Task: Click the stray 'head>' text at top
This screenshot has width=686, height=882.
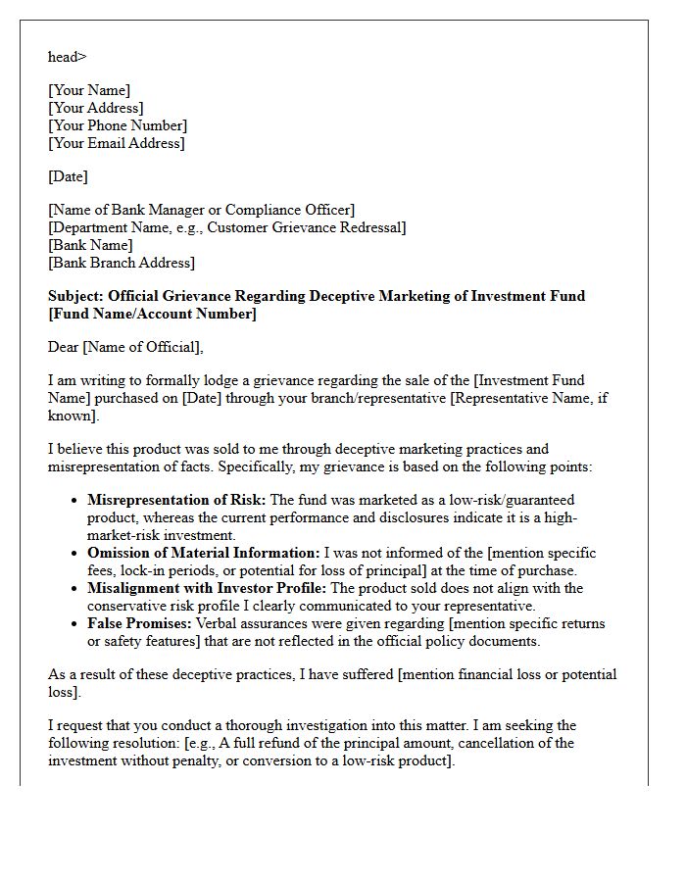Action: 67,57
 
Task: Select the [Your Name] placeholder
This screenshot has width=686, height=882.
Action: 88,90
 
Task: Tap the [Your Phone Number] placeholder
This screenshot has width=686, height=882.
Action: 117,125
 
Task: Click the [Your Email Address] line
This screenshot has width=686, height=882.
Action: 116,143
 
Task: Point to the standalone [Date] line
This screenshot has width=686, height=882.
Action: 68,176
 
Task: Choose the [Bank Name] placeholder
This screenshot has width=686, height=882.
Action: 90,245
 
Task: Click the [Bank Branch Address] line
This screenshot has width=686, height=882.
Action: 121,263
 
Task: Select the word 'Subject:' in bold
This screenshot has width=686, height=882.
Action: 75,296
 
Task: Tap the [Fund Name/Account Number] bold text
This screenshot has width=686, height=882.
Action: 152,314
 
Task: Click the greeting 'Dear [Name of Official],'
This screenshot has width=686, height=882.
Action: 125,347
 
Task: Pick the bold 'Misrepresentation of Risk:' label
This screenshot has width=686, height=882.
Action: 176,500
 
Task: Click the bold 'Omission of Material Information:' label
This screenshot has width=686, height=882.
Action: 203,553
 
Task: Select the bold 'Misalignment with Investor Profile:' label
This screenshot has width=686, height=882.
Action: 207,588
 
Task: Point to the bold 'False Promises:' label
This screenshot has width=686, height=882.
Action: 139,623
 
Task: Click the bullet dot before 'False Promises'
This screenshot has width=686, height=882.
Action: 75,623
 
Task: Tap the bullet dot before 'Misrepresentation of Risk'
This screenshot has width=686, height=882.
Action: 75,500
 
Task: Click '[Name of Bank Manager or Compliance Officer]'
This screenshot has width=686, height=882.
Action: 201,210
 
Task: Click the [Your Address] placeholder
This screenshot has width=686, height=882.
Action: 95,108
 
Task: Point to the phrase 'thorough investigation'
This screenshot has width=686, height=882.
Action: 305,725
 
